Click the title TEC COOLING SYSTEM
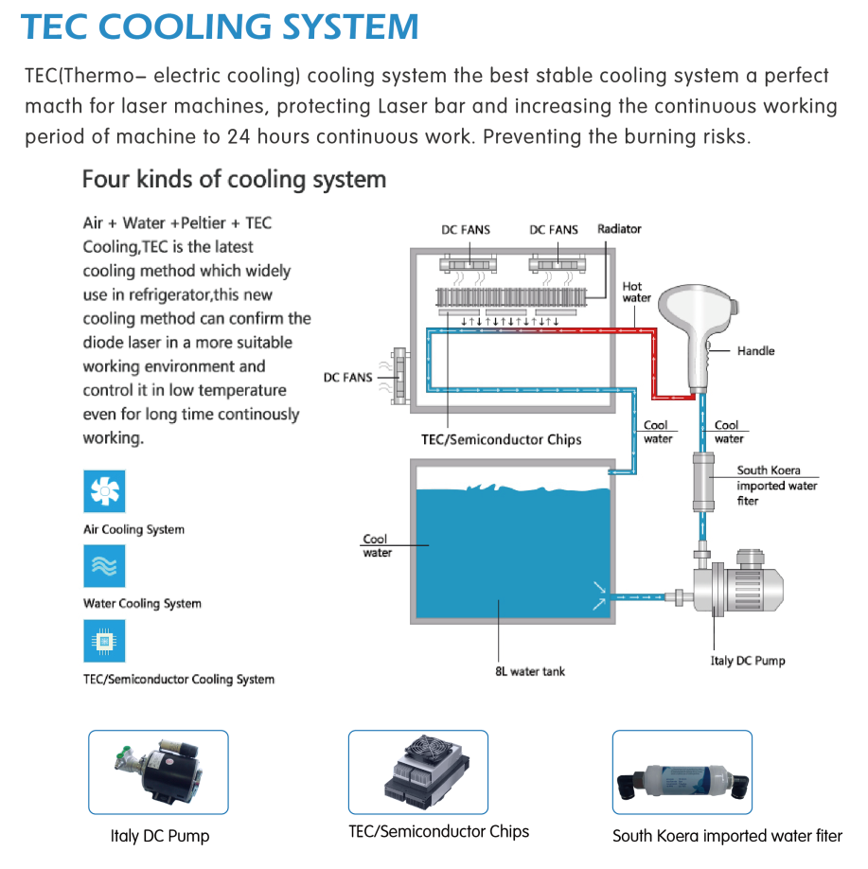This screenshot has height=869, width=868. [x=220, y=27]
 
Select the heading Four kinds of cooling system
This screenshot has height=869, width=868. [x=234, y=179]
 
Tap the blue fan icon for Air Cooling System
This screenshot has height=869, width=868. [x=104, y=491]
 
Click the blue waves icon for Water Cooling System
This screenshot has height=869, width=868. [x=104, y=566]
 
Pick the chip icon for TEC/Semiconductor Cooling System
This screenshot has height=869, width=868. [x=104, y=641]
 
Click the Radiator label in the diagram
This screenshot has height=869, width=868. [x=619, y=229]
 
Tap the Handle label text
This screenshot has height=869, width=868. [x=755, y=351]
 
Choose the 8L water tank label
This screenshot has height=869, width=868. [x=530, y=671]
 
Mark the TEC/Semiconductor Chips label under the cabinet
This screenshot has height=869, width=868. [x=501, y=439]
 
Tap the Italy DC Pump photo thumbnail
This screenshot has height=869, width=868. [x=158, y=772]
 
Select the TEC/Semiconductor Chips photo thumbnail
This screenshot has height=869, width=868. [x=418, y=772]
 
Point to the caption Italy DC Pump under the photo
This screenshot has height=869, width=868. [x=159, y=836]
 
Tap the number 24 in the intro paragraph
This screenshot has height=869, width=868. [x=239, y=135]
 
